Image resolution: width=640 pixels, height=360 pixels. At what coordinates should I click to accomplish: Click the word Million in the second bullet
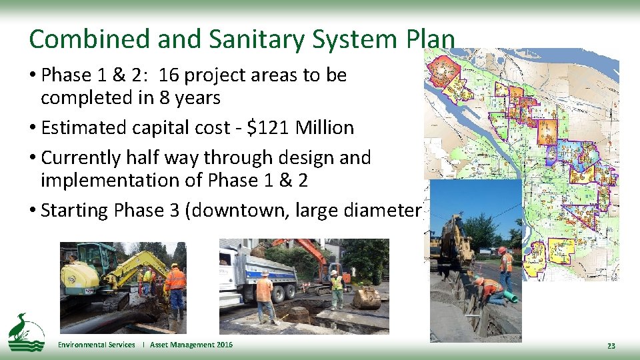[x=325, y=127]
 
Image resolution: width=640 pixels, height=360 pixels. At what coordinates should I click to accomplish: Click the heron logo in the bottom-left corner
[x=25, y=331]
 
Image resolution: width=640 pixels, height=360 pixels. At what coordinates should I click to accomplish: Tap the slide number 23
[x=611, y=345]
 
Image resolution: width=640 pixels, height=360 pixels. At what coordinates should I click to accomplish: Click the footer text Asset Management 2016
[x=191, y=345]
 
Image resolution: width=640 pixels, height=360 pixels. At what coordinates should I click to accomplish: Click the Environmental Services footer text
[x=96, y=345]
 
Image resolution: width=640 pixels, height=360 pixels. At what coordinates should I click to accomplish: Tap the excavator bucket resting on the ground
[x=366, y=298]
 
